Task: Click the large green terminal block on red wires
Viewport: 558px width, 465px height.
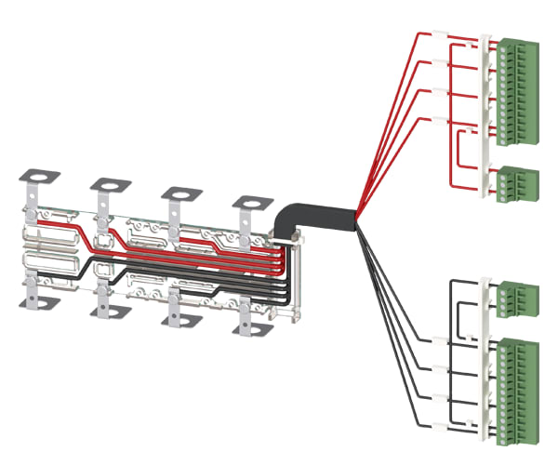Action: pos(513,91)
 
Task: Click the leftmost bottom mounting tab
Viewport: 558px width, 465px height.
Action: pos(37,302)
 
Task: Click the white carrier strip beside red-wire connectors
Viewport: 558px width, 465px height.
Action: pos(485,112)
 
